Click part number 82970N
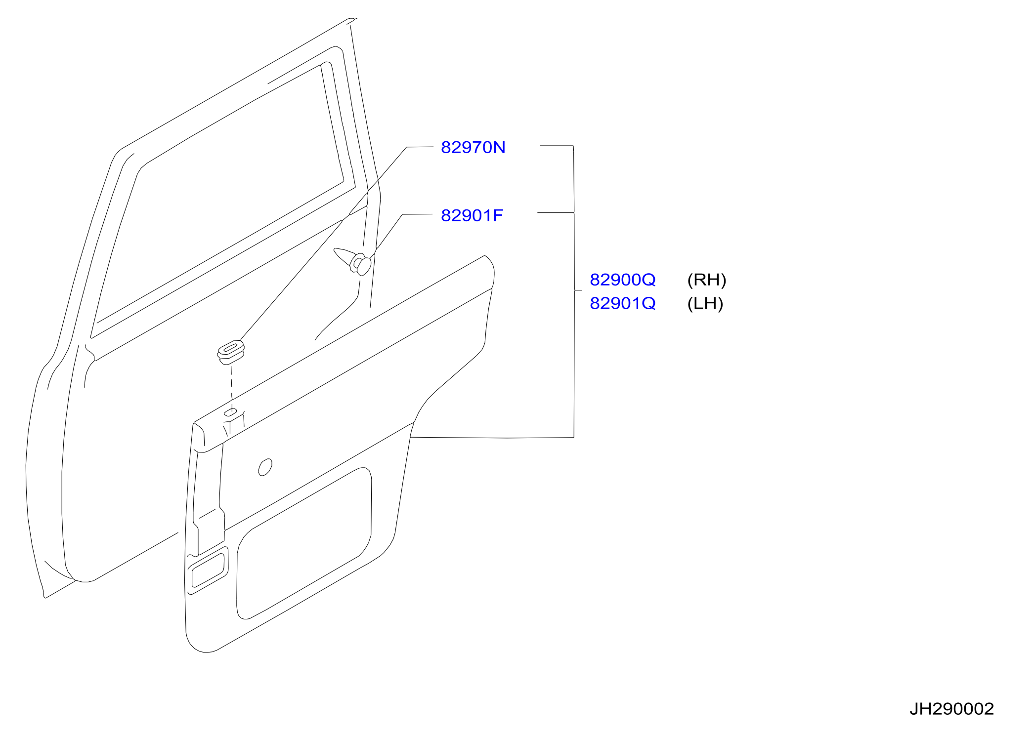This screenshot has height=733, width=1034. [x=473, y=147]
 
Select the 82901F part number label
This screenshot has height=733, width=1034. [x=472, y=215]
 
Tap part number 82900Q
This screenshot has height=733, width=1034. [x=623, y=280]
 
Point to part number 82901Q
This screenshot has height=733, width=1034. [x=623, y=303]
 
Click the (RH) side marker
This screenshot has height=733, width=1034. [x=707, y=280]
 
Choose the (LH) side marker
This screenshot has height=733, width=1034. [x=705, y=303]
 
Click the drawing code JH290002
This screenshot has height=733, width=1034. [x=951, y=709]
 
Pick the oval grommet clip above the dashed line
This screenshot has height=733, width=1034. [x=231, y=351]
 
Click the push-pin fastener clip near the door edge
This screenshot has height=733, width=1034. [x=354, y=261]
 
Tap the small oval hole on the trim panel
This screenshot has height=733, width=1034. [x=265, y=467]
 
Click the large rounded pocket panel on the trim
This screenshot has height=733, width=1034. [x=304, y=543]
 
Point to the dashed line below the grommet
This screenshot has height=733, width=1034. [x=231, y=385]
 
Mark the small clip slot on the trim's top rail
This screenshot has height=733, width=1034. [x=231, y=412]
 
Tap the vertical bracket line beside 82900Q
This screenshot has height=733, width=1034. [x=574, y=291]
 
